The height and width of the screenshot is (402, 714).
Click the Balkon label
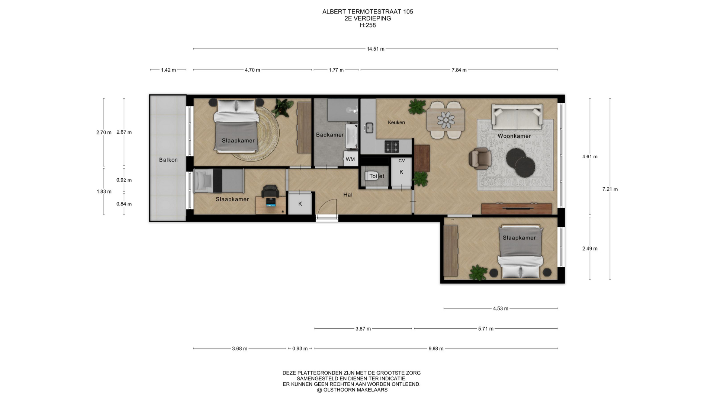(168, 160)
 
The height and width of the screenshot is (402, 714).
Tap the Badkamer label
(330, 135)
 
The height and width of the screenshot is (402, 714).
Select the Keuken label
(396, 122)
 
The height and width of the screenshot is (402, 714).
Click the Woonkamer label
(514, 136)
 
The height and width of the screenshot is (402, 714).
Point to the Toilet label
(377, 176)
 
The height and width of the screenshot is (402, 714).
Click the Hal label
(348, 195)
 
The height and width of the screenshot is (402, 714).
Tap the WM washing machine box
(350, 159)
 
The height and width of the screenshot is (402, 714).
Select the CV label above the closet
(402, 161)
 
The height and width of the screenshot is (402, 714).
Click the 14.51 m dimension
(376, 49)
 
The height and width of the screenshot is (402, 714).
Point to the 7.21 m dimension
(610, 189)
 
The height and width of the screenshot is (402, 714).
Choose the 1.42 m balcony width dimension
(168, 70)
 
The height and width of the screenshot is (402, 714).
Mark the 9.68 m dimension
(436, 349)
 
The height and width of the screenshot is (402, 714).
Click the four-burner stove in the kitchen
(392, 147)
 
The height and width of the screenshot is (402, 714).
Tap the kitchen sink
(369, 128)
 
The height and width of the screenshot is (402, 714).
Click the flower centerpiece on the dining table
(446, 119)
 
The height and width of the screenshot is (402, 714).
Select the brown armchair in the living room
(480, 158)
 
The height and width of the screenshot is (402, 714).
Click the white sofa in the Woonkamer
(517, 115)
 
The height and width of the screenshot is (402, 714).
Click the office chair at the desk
(270, 191)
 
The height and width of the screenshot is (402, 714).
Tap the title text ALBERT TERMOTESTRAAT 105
(367, 12)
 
